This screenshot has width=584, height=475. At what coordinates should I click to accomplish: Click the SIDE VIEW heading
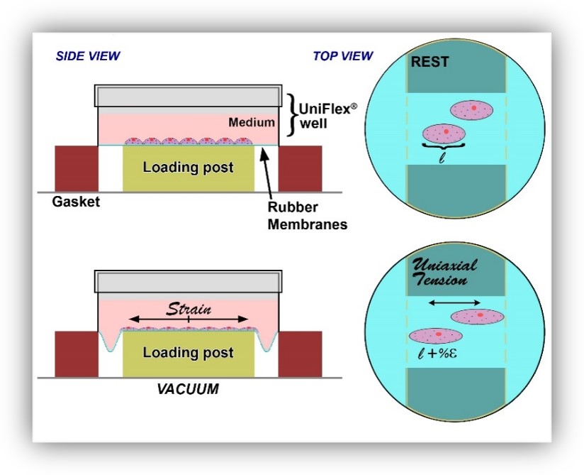click(x=88, y=56)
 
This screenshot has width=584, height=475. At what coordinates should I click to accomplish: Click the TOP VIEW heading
click(x=342, y=56)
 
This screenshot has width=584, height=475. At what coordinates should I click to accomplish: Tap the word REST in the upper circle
click(x=429, y=62)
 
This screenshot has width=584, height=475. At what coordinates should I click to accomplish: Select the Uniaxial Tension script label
click(x=444, y=272)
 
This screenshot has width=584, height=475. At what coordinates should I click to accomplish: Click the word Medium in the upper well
click(x=252, y=122)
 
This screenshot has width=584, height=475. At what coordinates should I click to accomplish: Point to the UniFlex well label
click(x=327, y=116)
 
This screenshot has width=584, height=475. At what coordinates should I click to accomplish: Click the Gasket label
click(x=76, y=202)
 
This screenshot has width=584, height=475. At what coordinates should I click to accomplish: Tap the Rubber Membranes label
click(x=308, y=216)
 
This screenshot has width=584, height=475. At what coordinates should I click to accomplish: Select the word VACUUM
click(x=188, y=389)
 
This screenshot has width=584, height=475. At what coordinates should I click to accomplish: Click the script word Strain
click(x=189, y=309)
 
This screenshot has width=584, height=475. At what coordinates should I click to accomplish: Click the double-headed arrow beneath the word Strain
click(x=189, y=319)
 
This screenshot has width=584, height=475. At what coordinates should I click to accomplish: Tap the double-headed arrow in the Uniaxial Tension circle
click(x=455, y=303)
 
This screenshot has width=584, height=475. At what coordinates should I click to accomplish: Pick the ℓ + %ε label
click(x=437, y=353)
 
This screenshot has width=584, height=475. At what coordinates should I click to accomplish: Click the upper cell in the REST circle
click(x=471, y=110)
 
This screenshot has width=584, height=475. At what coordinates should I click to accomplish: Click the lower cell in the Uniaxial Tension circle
click(x=436, y=336)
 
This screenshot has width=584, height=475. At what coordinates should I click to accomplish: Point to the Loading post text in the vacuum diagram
click(x=189, y=352)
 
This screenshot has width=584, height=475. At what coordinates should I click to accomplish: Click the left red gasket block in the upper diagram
click(x=77, y=169)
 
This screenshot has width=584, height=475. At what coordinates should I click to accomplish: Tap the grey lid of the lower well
click(x=189, y=281)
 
